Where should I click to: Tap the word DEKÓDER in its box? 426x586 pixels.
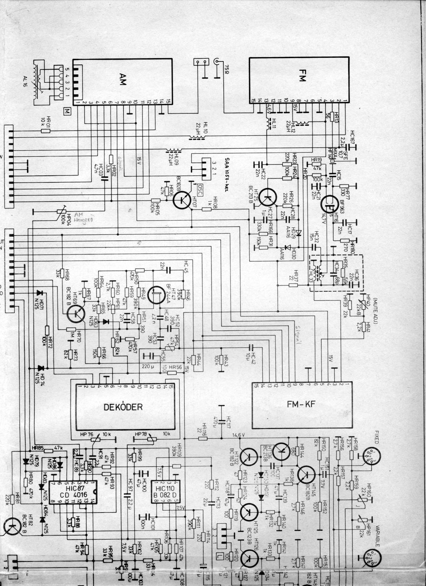[123, 407]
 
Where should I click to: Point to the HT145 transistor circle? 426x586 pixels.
[306, 474]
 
